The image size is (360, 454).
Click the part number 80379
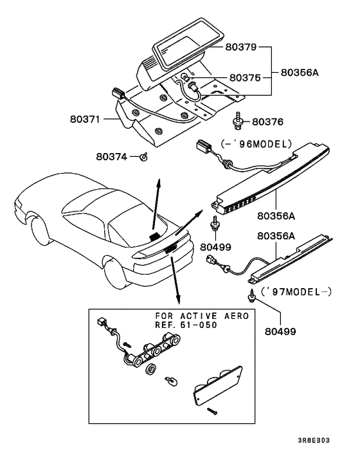point(240,47)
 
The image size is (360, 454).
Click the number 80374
point(113,156)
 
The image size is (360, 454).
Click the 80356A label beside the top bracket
point(300,73)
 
